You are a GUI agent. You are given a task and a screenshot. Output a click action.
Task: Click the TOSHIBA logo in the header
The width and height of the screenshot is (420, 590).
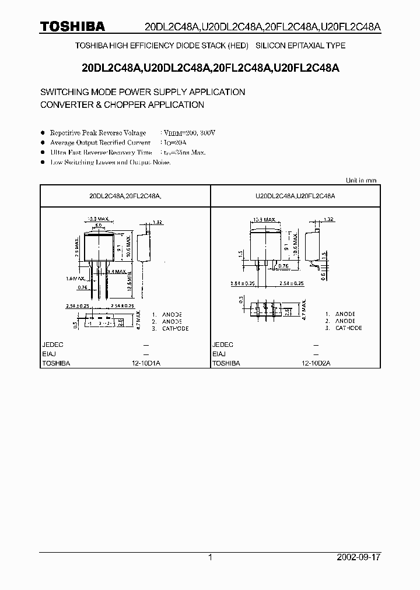(x=72, y=26)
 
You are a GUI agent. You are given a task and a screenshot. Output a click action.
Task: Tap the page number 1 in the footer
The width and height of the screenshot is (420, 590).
(x=210, y=557)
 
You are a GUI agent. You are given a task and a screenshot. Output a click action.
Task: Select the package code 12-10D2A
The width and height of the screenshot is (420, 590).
(x=316, y=363)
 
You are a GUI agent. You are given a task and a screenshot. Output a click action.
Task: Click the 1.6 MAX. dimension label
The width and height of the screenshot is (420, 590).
(x=75, y=278)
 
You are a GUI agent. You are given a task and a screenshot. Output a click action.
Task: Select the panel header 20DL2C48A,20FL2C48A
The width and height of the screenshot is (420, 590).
(x=125, y=198)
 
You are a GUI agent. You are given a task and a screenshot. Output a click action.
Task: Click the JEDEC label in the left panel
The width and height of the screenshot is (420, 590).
(x=53, y=345)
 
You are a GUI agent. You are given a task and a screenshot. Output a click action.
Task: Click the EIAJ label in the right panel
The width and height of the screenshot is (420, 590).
(x=219, y=354)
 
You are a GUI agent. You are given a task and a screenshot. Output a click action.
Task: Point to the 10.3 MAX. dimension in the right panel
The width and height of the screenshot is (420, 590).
(x=265, y=220)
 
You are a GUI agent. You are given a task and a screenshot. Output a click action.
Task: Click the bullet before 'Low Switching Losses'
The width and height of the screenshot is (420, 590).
(x=43, y=163)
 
